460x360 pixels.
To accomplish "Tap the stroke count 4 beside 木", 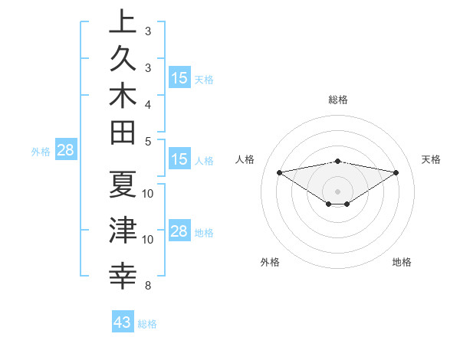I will tap(148, 103).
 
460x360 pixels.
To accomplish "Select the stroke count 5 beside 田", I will tap(148, 141).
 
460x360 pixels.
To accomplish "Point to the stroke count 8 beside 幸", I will tap(148, 286).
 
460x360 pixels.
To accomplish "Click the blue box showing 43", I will tap(123, 322).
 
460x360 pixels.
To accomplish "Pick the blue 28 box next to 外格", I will tap(65, 150).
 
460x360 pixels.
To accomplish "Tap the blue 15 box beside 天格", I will tap(179, 78).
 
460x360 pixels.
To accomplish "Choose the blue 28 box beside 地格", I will tap(179, 231).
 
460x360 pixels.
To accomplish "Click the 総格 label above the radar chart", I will tap(338, 100).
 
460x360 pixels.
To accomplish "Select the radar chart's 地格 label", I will tap(402, 262).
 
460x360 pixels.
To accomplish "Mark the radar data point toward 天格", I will tap(396, 172).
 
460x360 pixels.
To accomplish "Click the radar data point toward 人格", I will tap(279, 172).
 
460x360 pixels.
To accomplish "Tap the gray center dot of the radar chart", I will tap(338, 191).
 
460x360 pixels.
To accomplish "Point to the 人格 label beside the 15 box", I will tap(204, 161).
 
